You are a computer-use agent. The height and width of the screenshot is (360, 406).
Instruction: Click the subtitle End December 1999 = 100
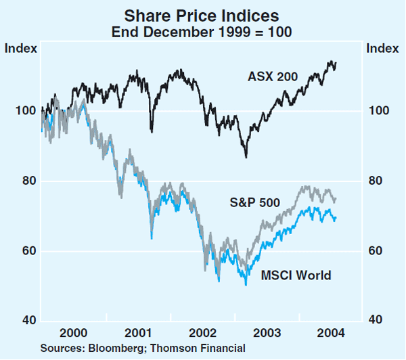click(202, 32)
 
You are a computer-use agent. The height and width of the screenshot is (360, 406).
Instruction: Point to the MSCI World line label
click(296, 275)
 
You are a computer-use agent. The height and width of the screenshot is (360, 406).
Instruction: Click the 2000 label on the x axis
click(73, 333)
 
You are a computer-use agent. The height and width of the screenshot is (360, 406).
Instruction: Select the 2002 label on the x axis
click(203, 333)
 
